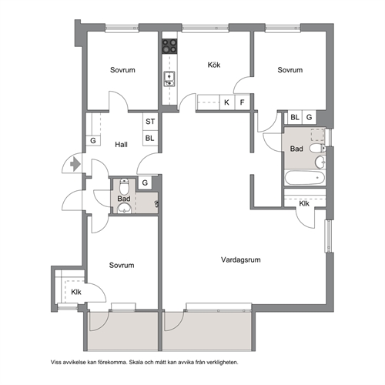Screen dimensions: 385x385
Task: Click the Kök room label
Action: coord(214,65)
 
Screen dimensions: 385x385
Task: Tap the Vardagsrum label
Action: coord(241,259)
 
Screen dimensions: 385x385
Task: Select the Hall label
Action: coord(121,145)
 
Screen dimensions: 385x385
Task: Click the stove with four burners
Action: coord(169,46)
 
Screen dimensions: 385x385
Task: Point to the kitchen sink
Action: coord(169,79)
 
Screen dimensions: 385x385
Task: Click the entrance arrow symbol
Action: coord(75,163)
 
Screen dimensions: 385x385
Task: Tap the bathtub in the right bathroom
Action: coord(304,178)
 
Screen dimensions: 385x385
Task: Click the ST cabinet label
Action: coord(150,122)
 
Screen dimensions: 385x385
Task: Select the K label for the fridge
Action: coord(226,102)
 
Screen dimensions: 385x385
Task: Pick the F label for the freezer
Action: coord(242,102)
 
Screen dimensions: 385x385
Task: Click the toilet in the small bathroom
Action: coord(125,186)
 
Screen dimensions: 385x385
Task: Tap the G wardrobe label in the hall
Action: coord(93,141)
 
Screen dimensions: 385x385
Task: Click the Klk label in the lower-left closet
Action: coord(76,292)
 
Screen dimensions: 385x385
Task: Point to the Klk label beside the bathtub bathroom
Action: coord(304,203)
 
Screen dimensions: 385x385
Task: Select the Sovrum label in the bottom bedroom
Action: coord(122,265)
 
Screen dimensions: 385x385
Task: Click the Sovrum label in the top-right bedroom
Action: coord(290,70)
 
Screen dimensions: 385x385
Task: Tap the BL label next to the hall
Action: coord(149,138)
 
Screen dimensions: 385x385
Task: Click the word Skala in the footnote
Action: coord(136,363)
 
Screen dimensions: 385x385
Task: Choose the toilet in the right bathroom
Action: coord(317,148)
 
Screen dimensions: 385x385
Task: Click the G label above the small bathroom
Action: coord(145,182)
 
